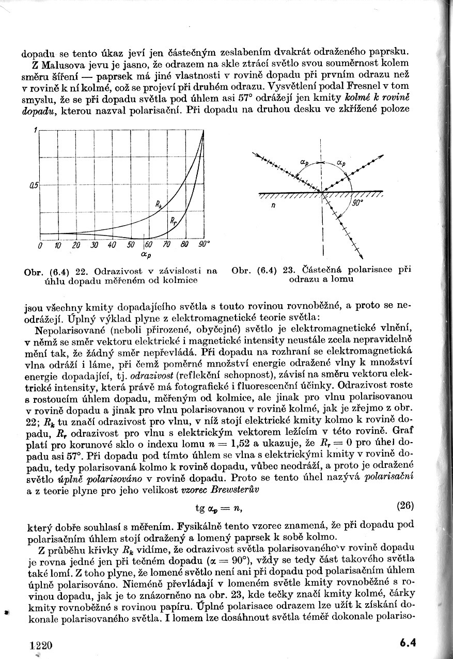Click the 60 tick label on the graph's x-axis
pyautogui.click(x=149, y=244)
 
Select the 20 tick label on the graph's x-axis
pyautogui.click(x=76, y=245)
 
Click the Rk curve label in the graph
pyautogui.click(x=158, y=205)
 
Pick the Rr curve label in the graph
pyautogui.click(x=173, y=221)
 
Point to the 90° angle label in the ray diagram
pyautogui.click(x=357, y=203)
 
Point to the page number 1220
pyautogui.click(x=41, y=645)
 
